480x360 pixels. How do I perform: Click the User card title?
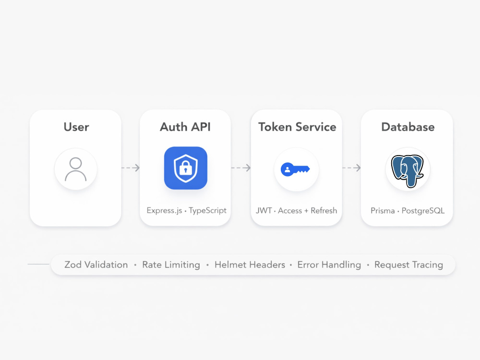[76, 127]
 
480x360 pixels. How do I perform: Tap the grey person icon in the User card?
[76, 169]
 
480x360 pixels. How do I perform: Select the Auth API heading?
[185, 127]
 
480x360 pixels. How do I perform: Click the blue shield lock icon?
[185, 168]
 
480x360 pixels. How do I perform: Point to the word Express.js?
[164, 211]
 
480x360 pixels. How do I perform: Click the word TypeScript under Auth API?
[207, 211]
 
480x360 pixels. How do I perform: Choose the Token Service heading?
[297, 127]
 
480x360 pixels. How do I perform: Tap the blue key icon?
[295, 169]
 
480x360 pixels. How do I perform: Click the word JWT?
[264, 211]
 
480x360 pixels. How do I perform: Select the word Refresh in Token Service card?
[324, 211]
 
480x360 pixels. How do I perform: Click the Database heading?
[408, 127]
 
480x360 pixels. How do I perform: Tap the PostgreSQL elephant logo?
[408, 171]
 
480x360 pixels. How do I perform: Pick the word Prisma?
[383, 211]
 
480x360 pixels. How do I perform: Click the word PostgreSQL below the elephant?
[423, 211]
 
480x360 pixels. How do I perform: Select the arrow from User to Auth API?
[131, 168]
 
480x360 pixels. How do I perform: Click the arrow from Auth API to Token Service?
[241, 168]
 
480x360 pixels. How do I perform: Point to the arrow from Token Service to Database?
[351, 168]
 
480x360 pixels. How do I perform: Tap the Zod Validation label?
[96, 264]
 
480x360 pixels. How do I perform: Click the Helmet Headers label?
[250, 264]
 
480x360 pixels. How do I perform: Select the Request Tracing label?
[408, 265]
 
